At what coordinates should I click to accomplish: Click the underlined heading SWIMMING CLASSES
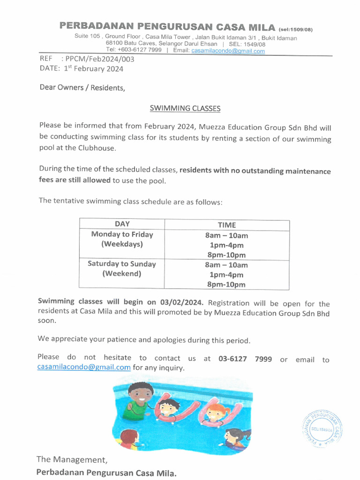pos(185,108)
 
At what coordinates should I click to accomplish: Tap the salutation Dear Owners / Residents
pos(82,88)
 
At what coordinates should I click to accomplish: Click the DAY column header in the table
pos(122,224)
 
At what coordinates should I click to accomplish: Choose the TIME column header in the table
pos(227,225)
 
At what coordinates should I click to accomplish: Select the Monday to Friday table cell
pos(122,239)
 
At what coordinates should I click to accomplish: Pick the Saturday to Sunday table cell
pos(122,269)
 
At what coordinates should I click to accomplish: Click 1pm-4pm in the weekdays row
pos(227,245)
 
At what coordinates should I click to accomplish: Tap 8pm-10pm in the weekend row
pos(227,285)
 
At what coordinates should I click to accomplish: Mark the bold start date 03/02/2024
pos(182,302)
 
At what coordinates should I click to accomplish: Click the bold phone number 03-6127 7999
pos(245,359)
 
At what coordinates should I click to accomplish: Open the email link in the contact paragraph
pos(84,367)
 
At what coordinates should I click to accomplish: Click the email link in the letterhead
pos(228,51)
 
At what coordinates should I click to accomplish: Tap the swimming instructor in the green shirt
pos(139,399)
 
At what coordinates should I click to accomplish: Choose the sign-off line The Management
pos(72,459)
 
